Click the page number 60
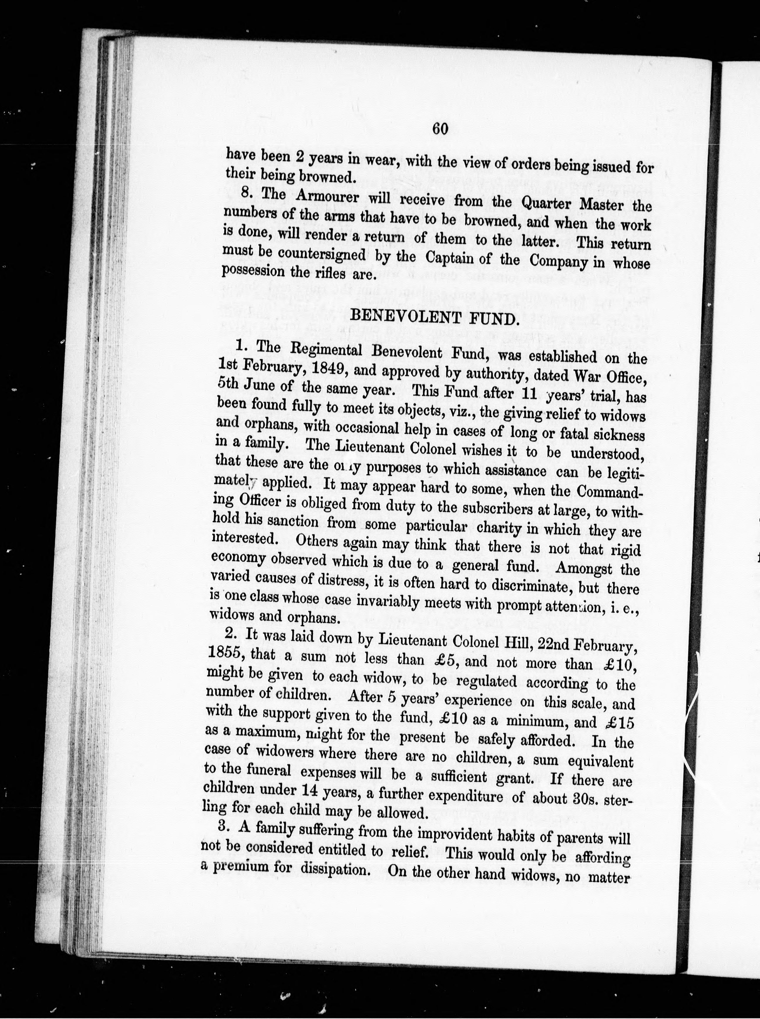[x=440, y=129]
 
